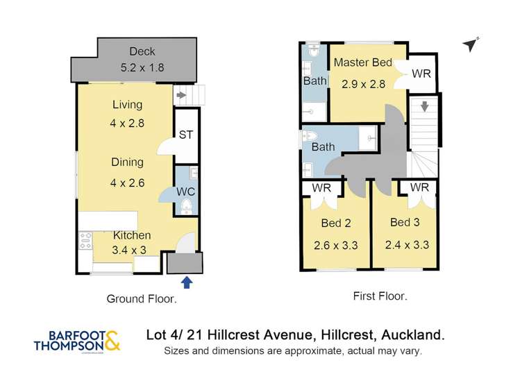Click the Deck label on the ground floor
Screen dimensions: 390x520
click(142, 52)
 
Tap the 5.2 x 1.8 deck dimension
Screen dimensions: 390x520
click(142, 69)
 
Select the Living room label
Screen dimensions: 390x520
click(127, 105)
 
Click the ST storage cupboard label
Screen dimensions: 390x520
click(185, 135)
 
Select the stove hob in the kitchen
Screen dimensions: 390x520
click(86, 241)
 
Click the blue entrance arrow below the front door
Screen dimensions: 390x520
click(186, 282)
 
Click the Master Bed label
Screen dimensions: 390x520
click(362, 62)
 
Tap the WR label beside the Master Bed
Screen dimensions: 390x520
click(421, 74)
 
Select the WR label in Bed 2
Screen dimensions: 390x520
click(321, 188)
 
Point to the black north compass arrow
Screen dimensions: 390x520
click(471, 45)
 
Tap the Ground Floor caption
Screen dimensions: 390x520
click(141, 299)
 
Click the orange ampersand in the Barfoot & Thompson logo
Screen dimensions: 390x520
click(113, 341)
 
